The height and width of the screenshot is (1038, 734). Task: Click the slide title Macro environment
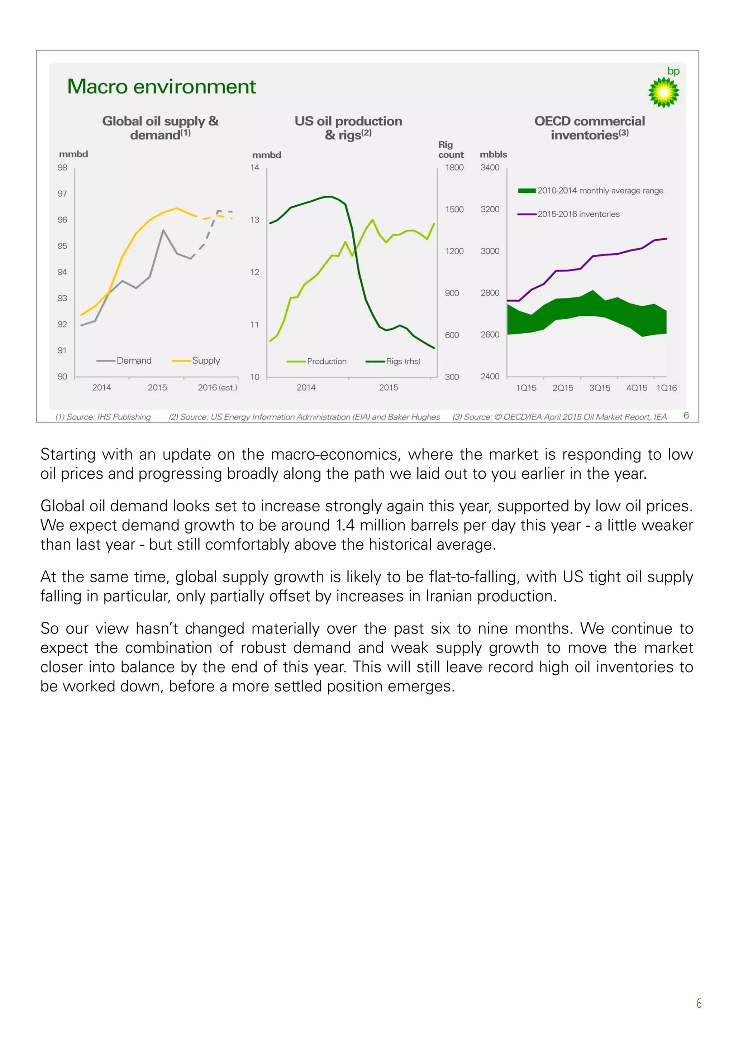click(161, 86)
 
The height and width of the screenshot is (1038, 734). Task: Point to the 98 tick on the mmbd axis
click(62, 167)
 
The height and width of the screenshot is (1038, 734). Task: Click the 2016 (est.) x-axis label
click(217, 387)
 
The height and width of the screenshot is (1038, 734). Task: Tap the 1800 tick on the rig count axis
click(454, 167)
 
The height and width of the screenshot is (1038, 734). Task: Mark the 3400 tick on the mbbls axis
click(490, 167)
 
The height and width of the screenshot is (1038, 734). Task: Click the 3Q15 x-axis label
click(599, 388)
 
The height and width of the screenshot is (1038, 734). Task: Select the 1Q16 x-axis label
click(666, 388)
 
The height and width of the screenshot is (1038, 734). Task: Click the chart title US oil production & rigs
click(348, 128)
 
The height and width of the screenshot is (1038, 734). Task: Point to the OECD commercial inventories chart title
click(589, 128)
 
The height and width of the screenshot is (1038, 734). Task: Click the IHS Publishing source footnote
click(103, 417)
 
